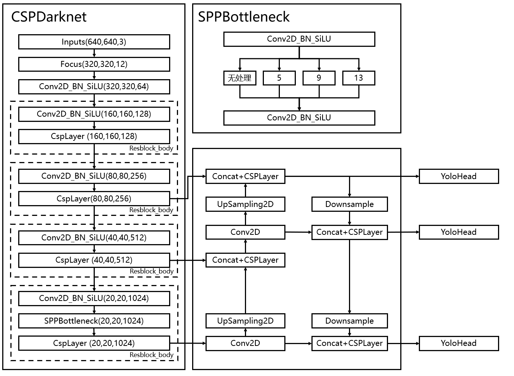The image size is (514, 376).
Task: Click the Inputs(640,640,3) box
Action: click(x=94, y=42)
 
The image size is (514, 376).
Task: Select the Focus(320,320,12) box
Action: click(x=94, y=64)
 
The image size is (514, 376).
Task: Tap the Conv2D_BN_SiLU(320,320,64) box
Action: click(x=94, y=87)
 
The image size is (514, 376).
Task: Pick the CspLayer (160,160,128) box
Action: click(x=94, y=136)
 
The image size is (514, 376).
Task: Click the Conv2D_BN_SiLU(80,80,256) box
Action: click(x=94, y=176)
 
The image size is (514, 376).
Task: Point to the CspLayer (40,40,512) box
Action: click(x=94, y=260)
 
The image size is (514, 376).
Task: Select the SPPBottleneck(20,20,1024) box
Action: click(x=94, y=321)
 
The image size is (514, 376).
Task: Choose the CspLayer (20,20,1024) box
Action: click(x=94, y=343)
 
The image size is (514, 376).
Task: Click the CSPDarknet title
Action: click(x=49, y=17)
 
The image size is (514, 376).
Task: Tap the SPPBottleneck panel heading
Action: click(x=244, y=17)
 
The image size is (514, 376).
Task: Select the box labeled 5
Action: click(x=279, y=78)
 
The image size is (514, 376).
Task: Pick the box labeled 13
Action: click(x=359, y=78)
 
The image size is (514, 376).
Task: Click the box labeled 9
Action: click(x=319, y=78)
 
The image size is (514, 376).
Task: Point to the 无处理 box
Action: click(x=240, y=78)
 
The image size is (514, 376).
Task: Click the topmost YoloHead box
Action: click(x=459, y=176)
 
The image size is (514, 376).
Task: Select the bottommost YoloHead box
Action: click(x=459, y=343)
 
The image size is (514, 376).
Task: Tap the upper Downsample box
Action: click(x=349, y=204)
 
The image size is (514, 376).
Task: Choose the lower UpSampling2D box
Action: click(x=245, y=321)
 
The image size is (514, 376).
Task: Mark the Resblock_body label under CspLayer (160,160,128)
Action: click(x=151, y=148)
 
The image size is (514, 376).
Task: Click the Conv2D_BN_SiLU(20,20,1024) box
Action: click(x=94, y=298)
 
